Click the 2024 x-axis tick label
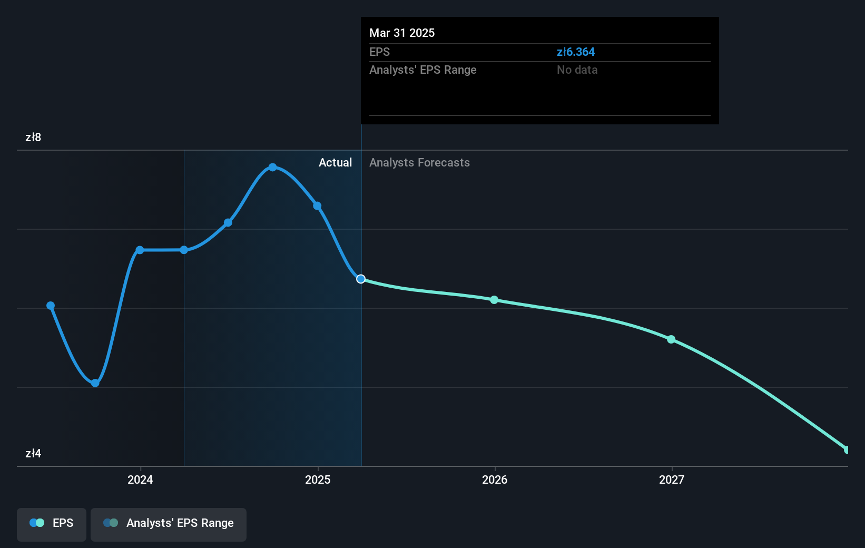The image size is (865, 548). point(140,479)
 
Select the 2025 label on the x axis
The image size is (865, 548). point(318,479)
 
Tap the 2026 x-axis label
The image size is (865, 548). point(495,479)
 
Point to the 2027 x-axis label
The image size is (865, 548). point(672,479)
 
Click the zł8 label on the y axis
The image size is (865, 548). point(33,138)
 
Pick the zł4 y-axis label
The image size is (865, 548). point(33,454)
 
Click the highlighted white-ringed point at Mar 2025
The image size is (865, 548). point(361,279)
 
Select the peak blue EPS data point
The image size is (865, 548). point(272,167)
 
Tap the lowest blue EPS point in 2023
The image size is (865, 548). point(95,383)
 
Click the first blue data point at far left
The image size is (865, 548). point(51,306)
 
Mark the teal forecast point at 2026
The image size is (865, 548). point(494,300)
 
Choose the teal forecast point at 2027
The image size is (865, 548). point(671,339)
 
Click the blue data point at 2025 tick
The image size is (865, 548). point(317,206)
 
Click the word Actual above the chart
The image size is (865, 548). point(335,163)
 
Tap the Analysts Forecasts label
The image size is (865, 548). point(419,163)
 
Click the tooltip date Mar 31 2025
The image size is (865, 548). point(402,33)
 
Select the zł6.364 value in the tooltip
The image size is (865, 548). point(575,52)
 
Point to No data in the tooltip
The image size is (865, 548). point(577,70)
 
